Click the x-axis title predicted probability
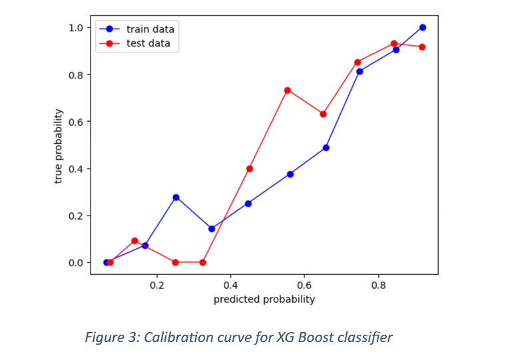(x=264, y=299)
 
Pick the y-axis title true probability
(x=59, y=146)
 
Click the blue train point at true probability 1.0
(x=422, y=27)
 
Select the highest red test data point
(x=394, y=44)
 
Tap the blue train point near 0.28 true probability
(x=176, y=197)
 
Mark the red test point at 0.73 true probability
(x=288, y=90)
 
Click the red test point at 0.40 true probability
(x=250, y=168)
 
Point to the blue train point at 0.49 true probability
(x=326, y=148)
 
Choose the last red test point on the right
(x=422, y=47)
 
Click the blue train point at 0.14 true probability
(x=212, y=229)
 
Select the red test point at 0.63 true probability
(x=324, y=114)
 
